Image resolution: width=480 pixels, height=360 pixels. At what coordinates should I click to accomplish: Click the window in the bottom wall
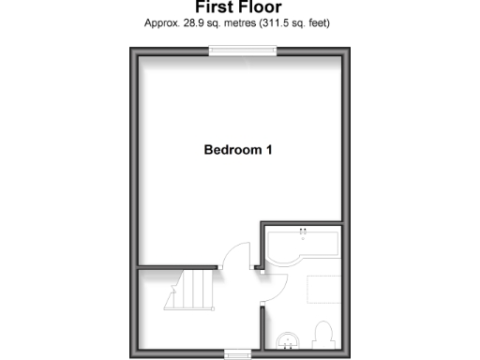coord(238,353)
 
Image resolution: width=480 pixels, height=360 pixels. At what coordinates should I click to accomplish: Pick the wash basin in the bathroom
coord(289,338)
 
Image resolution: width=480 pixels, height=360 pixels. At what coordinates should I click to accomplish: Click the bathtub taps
coord(302,231)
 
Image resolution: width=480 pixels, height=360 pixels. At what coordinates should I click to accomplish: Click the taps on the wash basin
coord(288,346)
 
